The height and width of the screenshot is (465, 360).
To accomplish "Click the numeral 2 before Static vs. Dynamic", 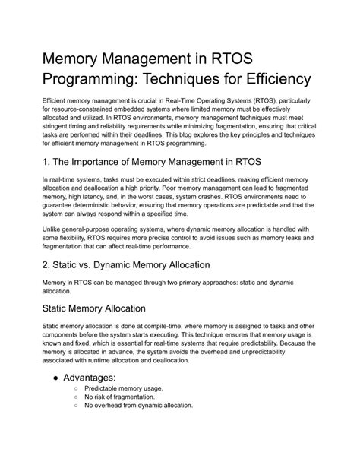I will coord(46,265).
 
